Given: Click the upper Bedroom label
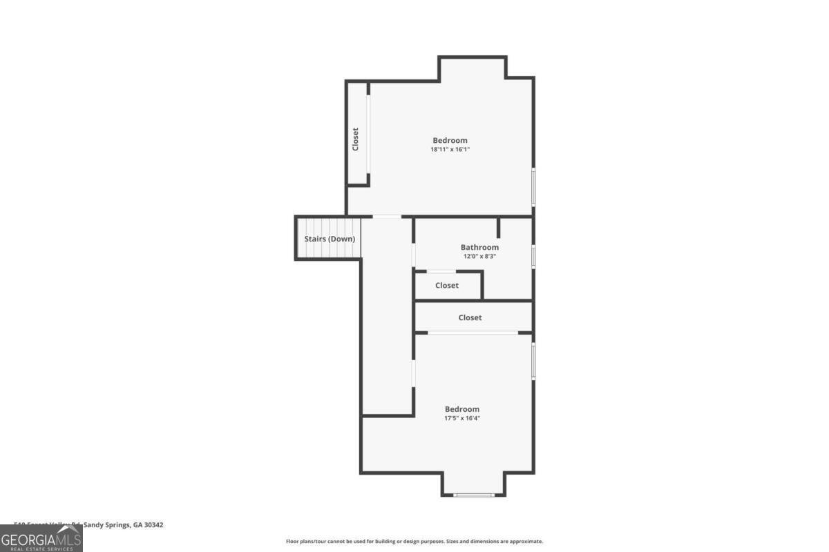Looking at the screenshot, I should tap(450, 140).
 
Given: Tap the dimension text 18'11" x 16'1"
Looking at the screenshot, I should tap(450, 149).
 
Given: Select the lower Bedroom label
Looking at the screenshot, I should tap(461, 409).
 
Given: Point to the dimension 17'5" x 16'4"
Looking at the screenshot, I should tap(461, 418).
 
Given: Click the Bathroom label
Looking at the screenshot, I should tap(479, 247).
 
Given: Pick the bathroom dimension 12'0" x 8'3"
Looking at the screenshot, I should tap(479, 256).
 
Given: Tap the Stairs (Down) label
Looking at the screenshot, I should tap(330, 239).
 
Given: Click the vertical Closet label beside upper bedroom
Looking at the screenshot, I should tap(356, 139).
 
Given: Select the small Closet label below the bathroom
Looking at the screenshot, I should tap(447, 286).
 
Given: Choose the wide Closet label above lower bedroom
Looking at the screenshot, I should tap(470, 317).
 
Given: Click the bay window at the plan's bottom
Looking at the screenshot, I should tap(474, 495).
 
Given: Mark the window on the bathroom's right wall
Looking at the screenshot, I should tap(533, 256).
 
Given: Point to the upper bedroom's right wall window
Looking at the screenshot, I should tap(533, 186).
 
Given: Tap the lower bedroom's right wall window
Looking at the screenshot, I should tap(533, 361).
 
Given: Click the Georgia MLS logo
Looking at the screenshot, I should tap(41, 538).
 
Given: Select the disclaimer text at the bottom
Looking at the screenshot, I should tap(414, 542).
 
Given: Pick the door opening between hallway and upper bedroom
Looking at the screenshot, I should tap(387, 217).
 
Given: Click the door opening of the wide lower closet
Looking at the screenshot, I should tap(473, 333).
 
